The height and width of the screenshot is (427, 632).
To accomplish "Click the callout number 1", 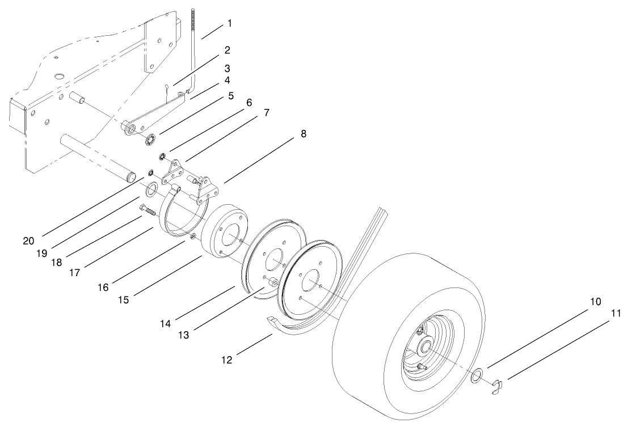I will pos(229,23).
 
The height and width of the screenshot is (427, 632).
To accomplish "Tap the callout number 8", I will pos(304,134).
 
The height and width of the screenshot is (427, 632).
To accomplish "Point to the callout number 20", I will pos(28,240).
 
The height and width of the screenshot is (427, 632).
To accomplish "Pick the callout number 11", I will pos(616,312).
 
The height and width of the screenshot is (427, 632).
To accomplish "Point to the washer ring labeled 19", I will pos(152,188).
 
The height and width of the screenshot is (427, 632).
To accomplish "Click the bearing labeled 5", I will pos(151,139).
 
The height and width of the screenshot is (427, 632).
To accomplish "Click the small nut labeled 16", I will pos(194,236).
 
